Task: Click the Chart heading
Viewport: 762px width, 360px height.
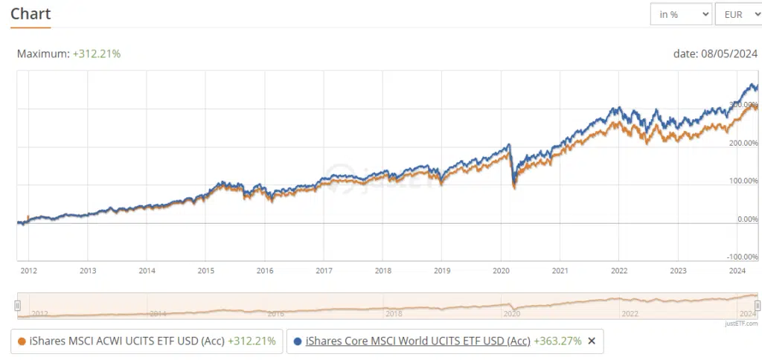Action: [31, 14]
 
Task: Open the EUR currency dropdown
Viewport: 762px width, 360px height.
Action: [737, 14]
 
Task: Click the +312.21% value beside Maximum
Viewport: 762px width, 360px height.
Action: [97, 54]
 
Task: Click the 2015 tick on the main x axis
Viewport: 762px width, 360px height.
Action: [206, 271]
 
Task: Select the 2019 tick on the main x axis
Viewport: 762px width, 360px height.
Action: [442, 271]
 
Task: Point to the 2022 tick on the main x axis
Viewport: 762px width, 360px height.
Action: [619, 271]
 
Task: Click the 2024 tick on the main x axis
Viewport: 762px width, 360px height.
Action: [737, 271]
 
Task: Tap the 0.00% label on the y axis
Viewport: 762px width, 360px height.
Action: [746, 219]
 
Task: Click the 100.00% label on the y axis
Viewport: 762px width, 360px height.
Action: [743, 181]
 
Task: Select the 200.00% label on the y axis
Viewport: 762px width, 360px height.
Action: [743, 143]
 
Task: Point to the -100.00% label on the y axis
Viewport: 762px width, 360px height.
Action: [742, 257]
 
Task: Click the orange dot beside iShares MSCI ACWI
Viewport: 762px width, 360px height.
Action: [22, 341]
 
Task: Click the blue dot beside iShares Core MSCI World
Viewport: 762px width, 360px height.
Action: [298, 341]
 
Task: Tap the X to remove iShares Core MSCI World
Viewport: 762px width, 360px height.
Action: [592, 341]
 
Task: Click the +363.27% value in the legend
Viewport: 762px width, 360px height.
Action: [557, 341]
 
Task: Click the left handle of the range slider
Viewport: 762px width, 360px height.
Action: [17, 306]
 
